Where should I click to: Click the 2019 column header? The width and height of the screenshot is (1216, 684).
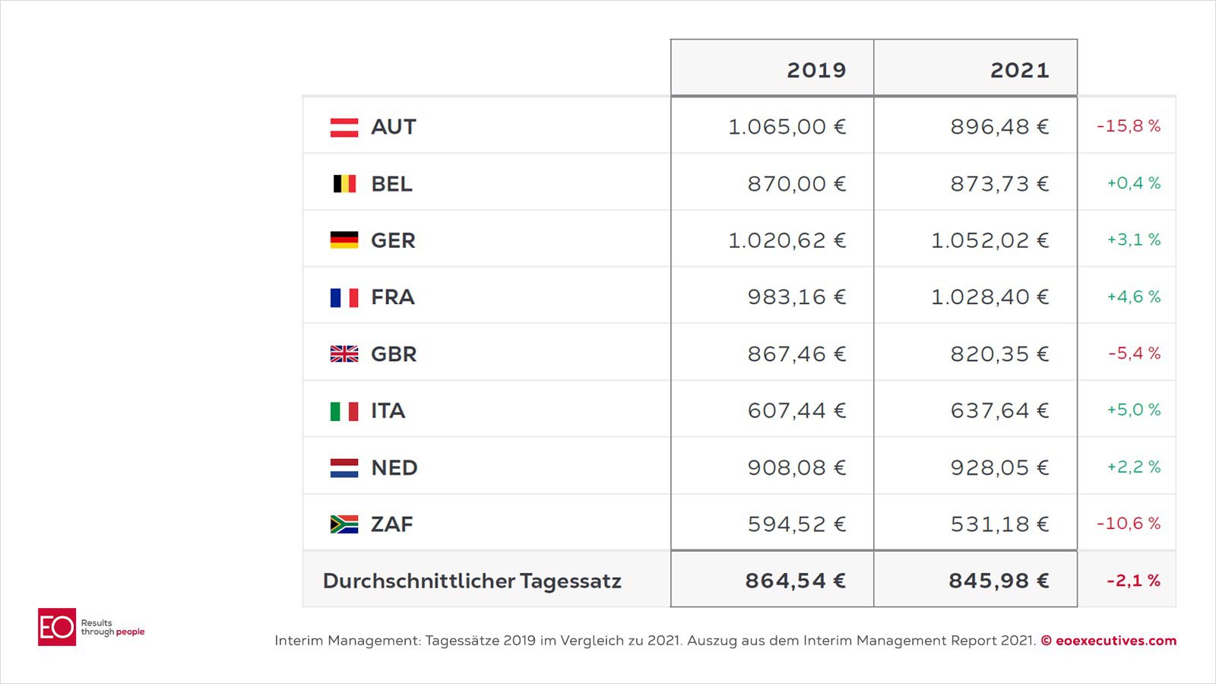[x=815, y=70]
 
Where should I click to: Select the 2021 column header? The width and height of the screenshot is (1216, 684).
[x=1019, y=70]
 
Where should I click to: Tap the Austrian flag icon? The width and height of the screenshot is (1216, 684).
[x=344, y=127]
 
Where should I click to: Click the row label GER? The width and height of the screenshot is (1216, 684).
[x=393, y=241]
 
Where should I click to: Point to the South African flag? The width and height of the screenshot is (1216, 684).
[x=344, y=524]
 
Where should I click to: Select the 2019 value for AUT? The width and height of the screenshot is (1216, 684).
[x=787, y=127]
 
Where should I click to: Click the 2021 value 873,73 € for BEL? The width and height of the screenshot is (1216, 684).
[x=999, y=184]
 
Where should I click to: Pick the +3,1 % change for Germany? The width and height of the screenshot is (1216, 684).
[x=1133, y=240]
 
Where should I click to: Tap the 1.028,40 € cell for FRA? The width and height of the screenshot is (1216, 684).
[x=990, y=297]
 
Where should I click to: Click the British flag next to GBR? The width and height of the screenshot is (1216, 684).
[x=344, y=354]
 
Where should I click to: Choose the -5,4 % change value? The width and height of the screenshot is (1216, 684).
[x=1134, y=353]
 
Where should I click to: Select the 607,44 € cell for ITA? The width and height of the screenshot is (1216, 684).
[x=796, y=411]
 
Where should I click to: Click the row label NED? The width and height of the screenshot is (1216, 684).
[x=394, y=468]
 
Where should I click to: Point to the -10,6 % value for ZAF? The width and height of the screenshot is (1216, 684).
[x=1128, y=524]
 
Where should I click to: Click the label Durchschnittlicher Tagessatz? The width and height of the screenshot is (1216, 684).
[x=472, y=581]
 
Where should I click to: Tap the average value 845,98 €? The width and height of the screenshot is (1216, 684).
[x=998, y=581]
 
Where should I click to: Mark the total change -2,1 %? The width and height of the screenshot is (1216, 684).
[x=1132, y=581]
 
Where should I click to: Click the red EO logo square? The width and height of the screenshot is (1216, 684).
[x=57, y=627]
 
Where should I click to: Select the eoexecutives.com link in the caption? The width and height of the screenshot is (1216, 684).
[x=1115, y=641]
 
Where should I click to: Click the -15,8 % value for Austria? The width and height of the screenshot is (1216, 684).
[x=1128, y=126]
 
